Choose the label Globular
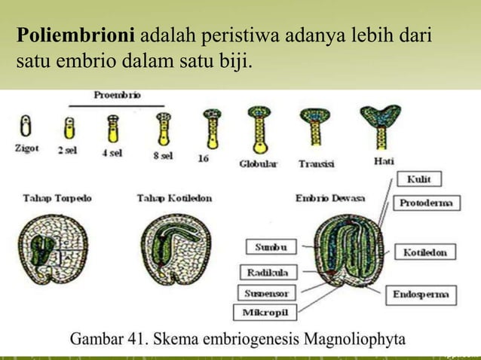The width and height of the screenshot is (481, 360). pos(259,163)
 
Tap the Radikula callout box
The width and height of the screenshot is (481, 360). pos(267,271)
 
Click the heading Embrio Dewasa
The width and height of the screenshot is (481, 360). pos(330,198)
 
